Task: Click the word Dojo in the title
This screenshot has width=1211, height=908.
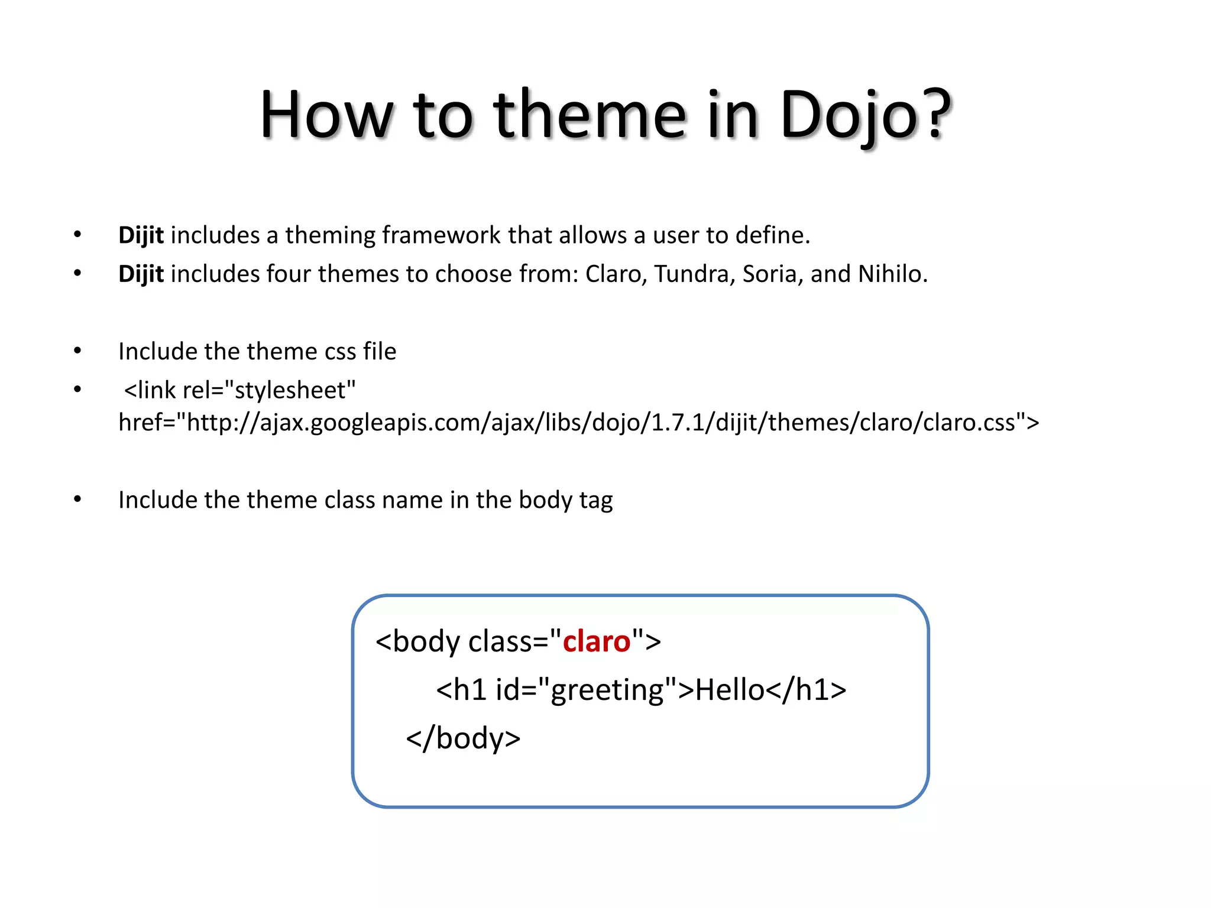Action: pyautogui.click(x=848, y=115)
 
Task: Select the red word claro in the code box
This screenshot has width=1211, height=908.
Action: pyautogui.click(x=596, y=641)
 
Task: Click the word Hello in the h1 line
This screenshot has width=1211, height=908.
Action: pyautogui.click(x=730, y=690)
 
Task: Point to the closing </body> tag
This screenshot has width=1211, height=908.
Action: pyautogui.click(x=463, y=738)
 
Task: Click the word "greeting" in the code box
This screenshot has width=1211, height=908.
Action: pyautogui.click(x=608, y=690)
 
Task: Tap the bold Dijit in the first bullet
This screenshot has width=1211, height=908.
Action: pyautogui.click(x=141, y=235)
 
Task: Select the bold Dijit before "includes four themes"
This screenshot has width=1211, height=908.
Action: pyautogui.click(x=141, y=274)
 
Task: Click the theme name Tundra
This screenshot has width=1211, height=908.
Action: pyautogui.click(x=694, y=274)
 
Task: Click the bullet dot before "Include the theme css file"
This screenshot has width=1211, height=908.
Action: pyautogui.click(x=77, y=351)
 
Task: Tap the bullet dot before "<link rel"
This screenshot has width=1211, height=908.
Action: pyautogui.click(x=77, y=390)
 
